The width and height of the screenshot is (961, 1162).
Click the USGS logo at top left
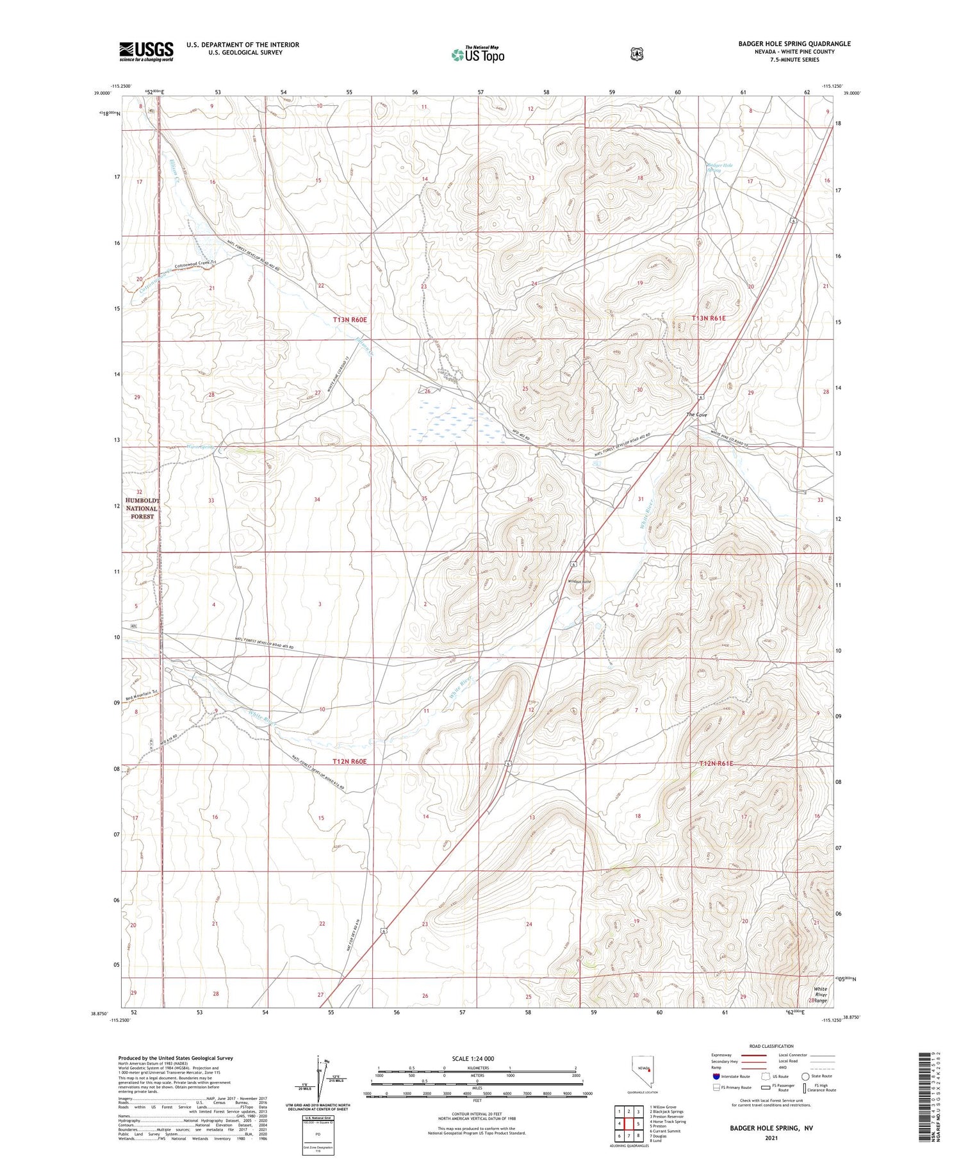pos(146,51)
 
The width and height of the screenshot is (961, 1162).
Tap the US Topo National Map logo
pos(477,54)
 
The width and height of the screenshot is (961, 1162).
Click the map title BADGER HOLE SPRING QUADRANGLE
pos(794,44)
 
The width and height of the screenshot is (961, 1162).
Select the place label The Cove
pos(696,415)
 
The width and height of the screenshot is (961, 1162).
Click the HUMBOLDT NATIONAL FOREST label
pos(142,508)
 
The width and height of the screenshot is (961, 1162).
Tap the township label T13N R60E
pos(349,319)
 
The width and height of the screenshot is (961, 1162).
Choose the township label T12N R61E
pos(716,763)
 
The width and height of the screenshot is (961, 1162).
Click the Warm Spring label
pos(199,447)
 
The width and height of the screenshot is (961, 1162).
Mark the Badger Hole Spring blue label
pos(719,168)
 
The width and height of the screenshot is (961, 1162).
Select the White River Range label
pos(821,995)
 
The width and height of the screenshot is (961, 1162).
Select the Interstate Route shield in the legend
pos(716,1076)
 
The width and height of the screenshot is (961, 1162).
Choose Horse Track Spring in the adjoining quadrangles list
pos(669,1122)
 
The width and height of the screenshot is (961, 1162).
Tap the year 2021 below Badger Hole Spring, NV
pos(771,1138)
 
